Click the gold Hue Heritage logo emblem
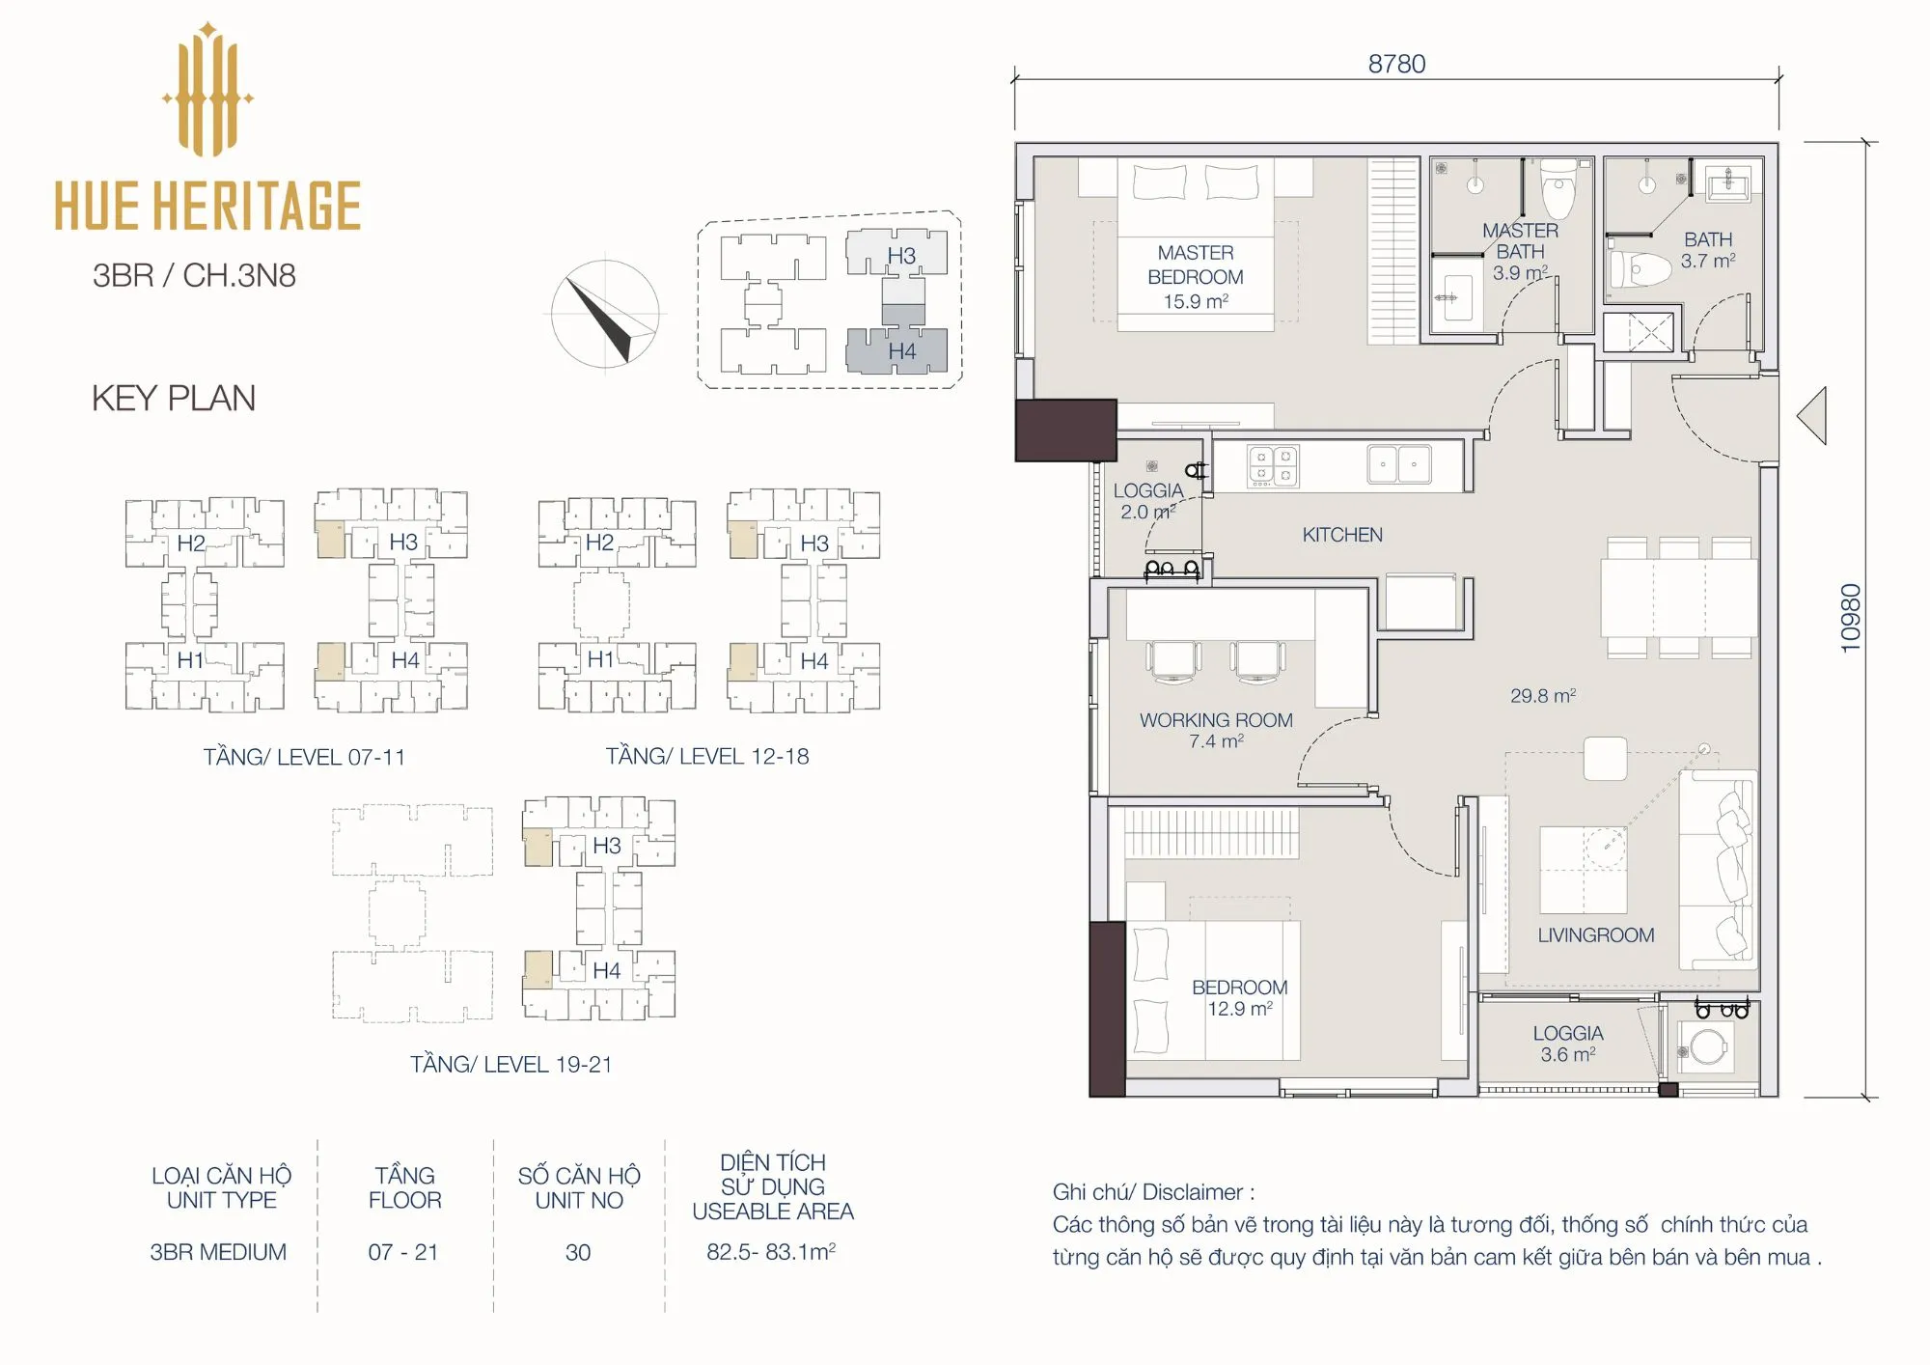tap(207, 89)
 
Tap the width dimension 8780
tap(1396, 64)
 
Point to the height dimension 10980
tap(1850, 618)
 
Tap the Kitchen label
tap(1342, 535)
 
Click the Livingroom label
tap(1596, 934)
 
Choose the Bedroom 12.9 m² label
tap(1240, 998)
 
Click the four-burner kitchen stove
tap(1273, 465)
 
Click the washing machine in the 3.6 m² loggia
tap(1706, 1047)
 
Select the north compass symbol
tap(605, 314)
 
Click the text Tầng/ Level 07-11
tap(304, 757)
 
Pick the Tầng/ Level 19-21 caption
tap(511, 1065)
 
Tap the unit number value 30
tap(578, 1252)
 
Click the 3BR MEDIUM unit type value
tap(218, 1252)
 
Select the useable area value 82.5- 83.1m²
tap(771, 1252)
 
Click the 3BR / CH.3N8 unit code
tap(194, 275)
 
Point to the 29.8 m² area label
tap(1543, 695)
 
